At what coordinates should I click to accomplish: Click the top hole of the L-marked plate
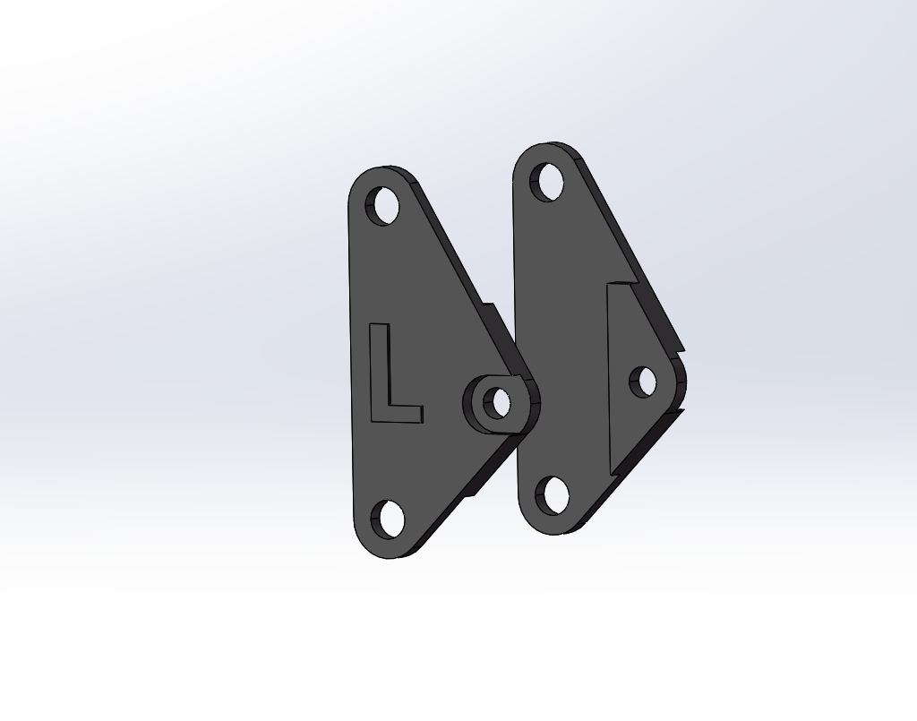coord(382,206)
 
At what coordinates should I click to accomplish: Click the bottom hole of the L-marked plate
coord(388,519)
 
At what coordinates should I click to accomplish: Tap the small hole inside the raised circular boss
coord(497,403)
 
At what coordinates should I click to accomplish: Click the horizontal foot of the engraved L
coord(405,414)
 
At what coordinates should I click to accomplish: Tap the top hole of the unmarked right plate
coord(547,183)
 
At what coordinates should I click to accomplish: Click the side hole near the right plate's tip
coord(643,382)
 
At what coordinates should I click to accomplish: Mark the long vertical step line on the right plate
coord(609,379)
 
